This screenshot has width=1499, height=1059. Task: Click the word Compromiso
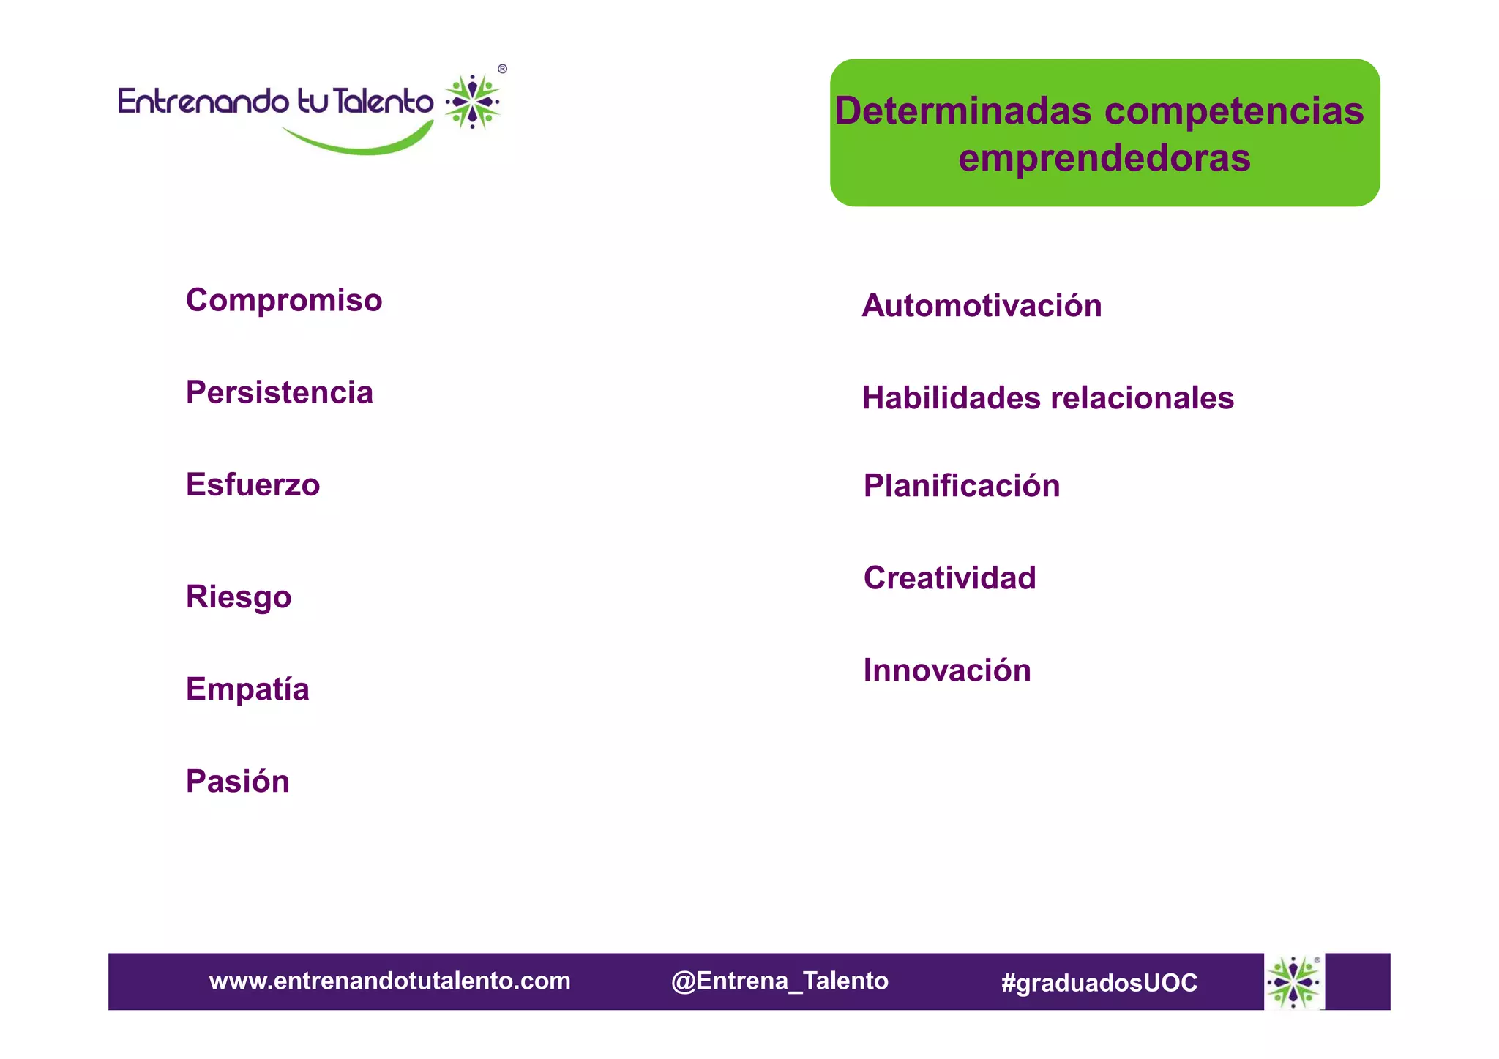[284, 301]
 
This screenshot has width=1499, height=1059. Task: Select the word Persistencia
[280, 393]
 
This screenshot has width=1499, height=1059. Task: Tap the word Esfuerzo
[253, 485]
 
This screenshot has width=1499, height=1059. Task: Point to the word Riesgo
[239, 597]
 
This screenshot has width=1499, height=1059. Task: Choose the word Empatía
[247, 689]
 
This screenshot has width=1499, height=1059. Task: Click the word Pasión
[238, 782]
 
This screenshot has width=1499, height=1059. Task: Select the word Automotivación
[982, 306]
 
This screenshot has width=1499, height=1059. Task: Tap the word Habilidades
[951, 398]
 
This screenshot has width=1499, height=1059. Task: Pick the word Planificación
[961, 486]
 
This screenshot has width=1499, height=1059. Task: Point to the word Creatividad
[949, 578]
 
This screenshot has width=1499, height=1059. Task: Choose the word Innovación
[946, 670]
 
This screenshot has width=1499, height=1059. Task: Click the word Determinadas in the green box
[962, 111]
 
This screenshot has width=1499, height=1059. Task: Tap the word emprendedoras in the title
[1104, 158]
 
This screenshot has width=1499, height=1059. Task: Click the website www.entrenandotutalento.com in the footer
[389, 981]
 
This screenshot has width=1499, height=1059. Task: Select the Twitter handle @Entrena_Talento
[779, 981]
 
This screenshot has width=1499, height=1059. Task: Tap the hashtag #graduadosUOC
[1099, 982]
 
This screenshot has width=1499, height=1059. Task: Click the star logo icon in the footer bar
[1293, 981]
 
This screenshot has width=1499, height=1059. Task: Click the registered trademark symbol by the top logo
[502, 69]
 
